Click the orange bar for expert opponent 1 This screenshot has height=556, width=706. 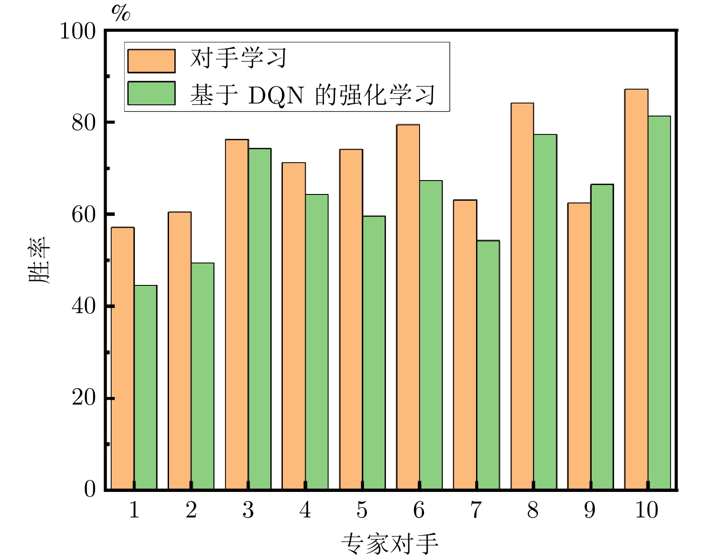(x=123, y=358)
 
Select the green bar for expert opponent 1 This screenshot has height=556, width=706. (x=146, y=388)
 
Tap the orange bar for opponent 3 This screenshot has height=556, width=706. (x=237, y=314)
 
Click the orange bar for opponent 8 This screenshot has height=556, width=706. (x=522, y=296)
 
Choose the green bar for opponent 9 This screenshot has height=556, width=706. (x=602, y=336)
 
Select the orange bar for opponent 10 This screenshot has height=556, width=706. (x=636, y=289)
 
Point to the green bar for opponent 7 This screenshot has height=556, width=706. (x=488, y=365)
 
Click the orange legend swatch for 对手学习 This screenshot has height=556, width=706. (x=152, y=61)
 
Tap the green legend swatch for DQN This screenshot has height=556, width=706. (x=152, y=93)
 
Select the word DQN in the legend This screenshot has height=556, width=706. (x=276, y=95)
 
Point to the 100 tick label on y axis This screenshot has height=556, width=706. (x=78, y=32)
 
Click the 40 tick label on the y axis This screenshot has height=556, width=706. (x=84, y=306)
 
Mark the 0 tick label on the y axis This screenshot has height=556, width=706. (x=90, y=489)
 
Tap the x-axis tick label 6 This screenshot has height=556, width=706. (x=419, y=510)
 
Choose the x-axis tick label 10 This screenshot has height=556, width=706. (x=646, y=510)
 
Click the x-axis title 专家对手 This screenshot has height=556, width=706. (x=390, y=544)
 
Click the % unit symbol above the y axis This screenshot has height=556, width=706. (x=121, y=13)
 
